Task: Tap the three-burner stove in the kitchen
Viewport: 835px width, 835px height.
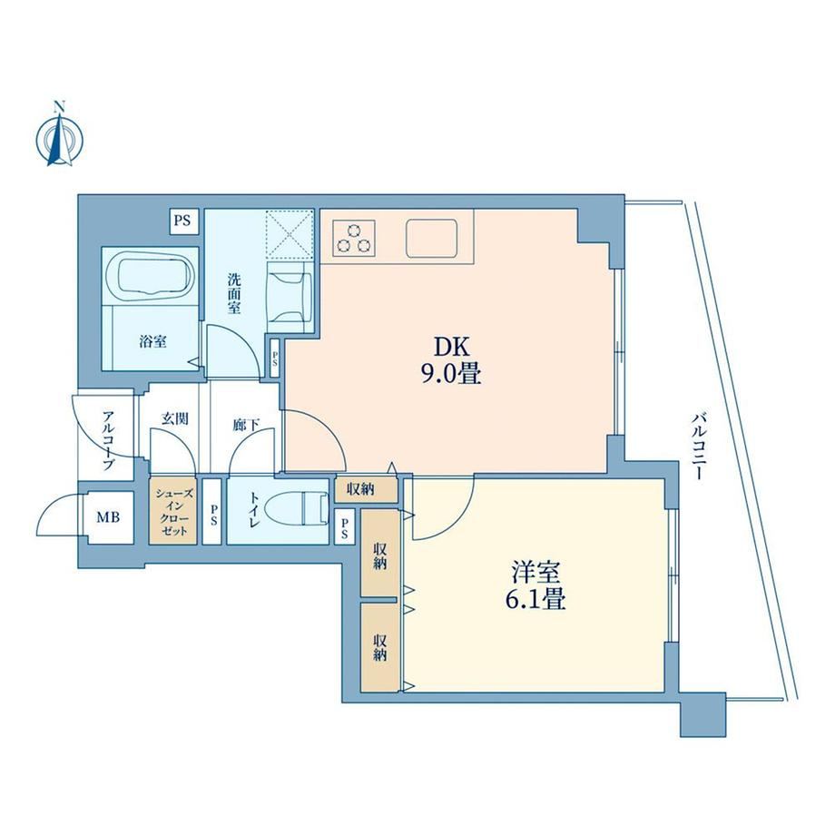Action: (353, 238)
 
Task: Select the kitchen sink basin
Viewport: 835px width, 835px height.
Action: (432, 238)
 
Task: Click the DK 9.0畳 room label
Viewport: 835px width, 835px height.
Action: (452, 360)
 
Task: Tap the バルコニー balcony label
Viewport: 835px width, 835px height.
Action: (698, 447)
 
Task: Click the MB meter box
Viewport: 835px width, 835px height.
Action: (108, 517)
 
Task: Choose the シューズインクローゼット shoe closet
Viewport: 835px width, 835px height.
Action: (172, 511)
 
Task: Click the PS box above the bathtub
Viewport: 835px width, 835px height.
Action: (182, 221)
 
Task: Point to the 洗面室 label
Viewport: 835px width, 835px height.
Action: (234, 293)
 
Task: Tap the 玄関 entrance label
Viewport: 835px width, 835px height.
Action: (175, 419)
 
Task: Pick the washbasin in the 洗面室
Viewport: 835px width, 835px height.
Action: (290, 297)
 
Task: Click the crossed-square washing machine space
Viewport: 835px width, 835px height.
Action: (290, 232)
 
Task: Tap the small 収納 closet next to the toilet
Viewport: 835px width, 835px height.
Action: (366, 490)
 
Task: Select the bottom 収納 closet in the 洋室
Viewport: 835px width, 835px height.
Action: (379, 647)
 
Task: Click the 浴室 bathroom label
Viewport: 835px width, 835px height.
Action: (152, 341)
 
